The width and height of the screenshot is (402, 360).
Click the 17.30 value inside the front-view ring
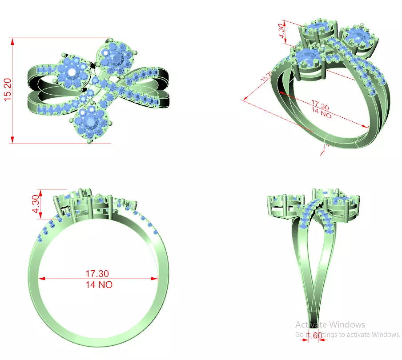pos(97,274)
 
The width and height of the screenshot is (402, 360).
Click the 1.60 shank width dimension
pos(314,336)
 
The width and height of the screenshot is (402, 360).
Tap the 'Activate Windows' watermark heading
pos(330,325)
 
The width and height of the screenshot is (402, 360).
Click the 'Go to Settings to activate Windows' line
pos(348,335)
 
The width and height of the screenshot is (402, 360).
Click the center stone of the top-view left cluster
pos(72,71)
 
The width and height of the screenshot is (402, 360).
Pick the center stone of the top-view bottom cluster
pos(91,121)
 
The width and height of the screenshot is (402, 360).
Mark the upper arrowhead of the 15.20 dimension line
pos(13,41)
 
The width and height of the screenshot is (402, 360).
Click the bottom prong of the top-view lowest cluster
pos(90,142)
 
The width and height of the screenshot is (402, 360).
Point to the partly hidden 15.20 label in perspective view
pos(265,76)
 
